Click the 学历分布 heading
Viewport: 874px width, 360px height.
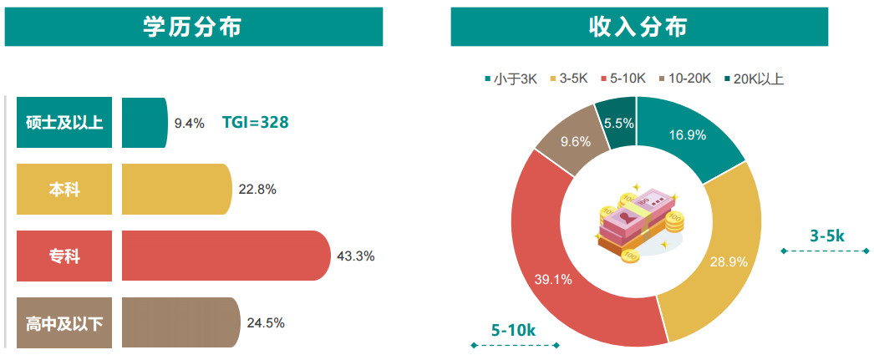point(193,27)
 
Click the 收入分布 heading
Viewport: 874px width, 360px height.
point(638,27)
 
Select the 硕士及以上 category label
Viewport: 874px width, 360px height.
point(64,123)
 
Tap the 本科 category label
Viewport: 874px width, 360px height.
point(64,190)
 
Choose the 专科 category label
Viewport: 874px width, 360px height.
point(64,256)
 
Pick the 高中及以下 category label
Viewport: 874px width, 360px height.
point(64,322)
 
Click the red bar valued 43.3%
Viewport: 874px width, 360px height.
point(226,256)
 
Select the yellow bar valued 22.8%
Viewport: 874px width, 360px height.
point(175,190)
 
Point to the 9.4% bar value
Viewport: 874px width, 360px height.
point(189,124)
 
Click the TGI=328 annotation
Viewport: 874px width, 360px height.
point(255,122)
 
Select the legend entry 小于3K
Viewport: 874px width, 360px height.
point(511,79)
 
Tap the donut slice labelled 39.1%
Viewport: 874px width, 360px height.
point(553,279)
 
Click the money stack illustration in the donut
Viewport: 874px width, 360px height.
point(638,223)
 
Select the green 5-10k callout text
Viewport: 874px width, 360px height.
point(514,330)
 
